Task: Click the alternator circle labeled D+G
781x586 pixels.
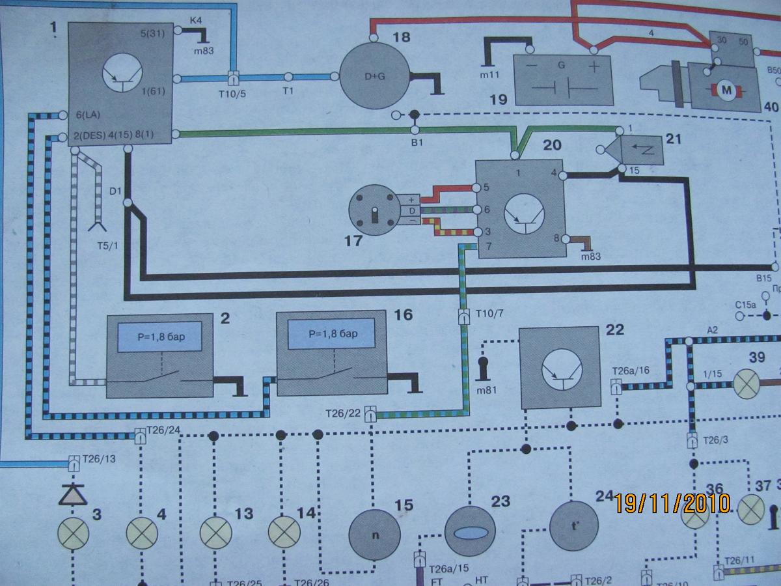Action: click(374, 76)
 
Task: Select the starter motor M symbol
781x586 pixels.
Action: click(725, 89)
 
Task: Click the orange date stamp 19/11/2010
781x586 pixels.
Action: click(672, 503)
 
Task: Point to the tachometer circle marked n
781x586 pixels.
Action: click(374, 533)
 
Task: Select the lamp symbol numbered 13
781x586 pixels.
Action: click(215, 534)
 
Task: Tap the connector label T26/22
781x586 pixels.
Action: click(343, 412)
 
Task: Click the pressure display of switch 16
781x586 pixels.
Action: click(333, 337)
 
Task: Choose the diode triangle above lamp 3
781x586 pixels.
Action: click(74, 495)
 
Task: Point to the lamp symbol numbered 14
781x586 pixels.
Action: click(285, 534)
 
